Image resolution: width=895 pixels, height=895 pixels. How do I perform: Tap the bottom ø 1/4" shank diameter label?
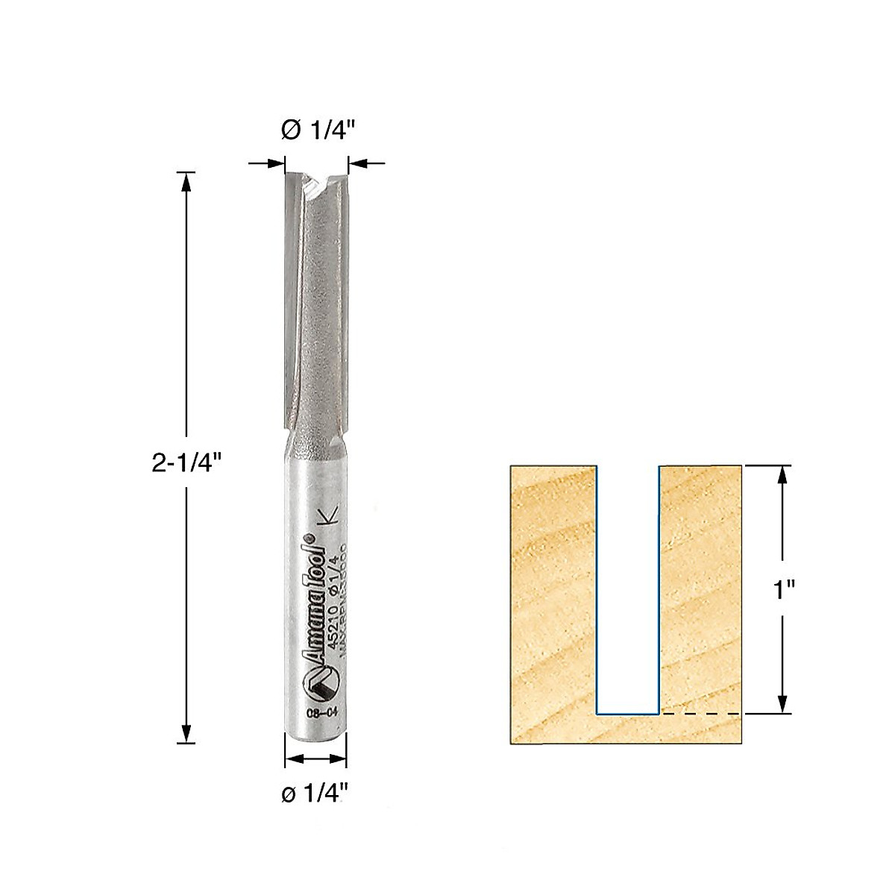click(x=315, y=795)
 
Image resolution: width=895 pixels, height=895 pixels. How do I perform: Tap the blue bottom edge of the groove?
click(x=627, y=714)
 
